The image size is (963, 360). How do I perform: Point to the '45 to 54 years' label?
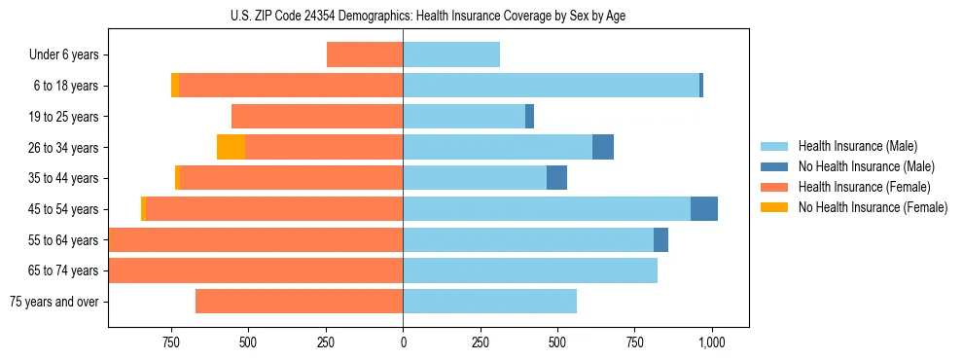click(x=64, y=209)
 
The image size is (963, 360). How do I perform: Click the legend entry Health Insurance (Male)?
click(x=857, y=146)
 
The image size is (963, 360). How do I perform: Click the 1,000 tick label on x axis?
click(x=712, y=343)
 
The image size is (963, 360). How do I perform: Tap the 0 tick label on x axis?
click(x=403, y=343)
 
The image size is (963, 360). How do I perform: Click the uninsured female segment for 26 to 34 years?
click(x=231, y=147)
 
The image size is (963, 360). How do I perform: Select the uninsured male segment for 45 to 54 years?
click(x=704, y=209)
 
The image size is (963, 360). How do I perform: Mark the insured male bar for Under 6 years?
click(x=451, y=54)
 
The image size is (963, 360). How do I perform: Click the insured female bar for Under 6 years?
click(x=365, y=54)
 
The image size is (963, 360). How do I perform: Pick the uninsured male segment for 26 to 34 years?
click(x=603, y=147)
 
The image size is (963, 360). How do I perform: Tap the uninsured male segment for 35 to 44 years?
click(x=556, y=178)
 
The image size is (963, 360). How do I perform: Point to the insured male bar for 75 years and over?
click(x=489, y=302)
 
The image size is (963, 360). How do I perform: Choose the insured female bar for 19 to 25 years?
click(x=317, y=117)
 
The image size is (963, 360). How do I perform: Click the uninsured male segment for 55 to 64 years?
click(x=660, y=239)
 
